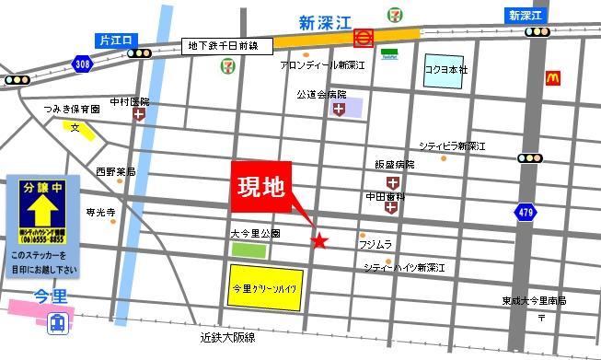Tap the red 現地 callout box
click(x=260, y=192)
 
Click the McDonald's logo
click(x=553, y=78)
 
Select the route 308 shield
click(x=82, y=64)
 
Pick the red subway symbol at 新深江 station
click(x=364, y=38)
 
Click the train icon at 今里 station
click(x=57, y=323)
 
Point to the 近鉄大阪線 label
click(x=226, y=338)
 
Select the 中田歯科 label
click(x=385, y=196)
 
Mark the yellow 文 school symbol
click(x=79, y=128)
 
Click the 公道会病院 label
click(x=321, y=94)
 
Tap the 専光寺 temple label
click(x=100, y=212)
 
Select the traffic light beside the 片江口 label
click(x=139, y=52)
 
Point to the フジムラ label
click(x=375, y=244)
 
